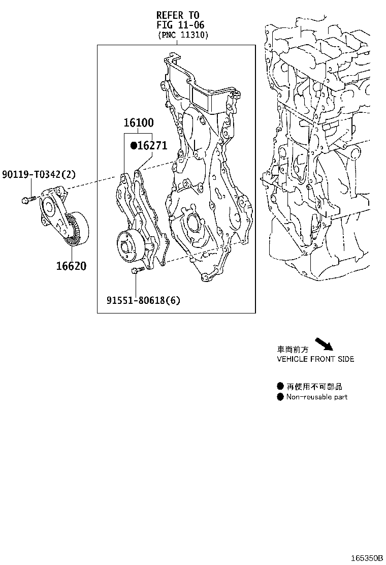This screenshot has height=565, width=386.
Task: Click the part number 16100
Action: point(139,123)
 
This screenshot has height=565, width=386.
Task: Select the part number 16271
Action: point(152,146)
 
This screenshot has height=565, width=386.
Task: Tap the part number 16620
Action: point(71,266)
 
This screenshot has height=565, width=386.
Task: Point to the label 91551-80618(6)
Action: point(143,300)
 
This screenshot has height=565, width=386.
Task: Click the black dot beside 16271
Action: point(134,146)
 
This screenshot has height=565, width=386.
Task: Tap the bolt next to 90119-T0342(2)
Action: point(25,200)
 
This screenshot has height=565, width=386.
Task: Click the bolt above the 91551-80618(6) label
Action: point(136,271)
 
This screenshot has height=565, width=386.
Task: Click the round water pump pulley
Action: point(126,246)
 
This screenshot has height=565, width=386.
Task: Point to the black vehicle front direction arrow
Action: point(324,344)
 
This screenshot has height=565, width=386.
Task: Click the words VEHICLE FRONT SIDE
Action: point(315,359)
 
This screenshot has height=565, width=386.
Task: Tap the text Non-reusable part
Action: point(317,397)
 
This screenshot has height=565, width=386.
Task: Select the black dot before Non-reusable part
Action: point(280,397)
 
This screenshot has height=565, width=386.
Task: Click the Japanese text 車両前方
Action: point(292,350)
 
